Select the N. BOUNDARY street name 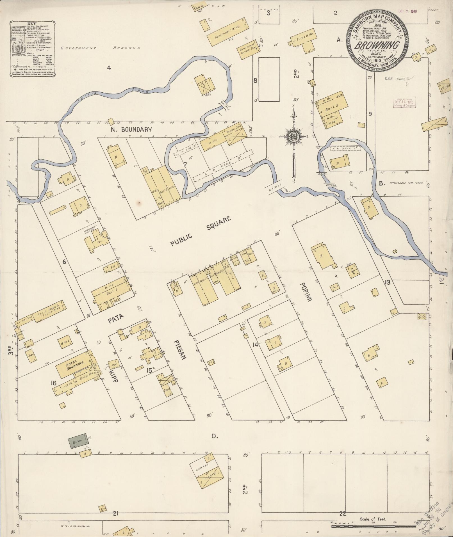coord(131,129)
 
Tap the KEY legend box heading coord(32,24)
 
